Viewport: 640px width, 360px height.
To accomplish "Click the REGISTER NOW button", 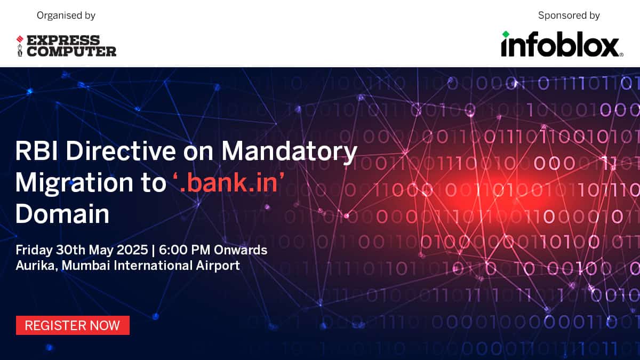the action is pos(73,325).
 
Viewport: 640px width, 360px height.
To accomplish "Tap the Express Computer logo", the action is pos(66,46).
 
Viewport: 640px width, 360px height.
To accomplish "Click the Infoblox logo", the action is pos(562,44).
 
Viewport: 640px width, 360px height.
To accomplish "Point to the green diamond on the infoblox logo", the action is pos(506,34).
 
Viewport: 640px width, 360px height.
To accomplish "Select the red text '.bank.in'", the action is pos(229,182).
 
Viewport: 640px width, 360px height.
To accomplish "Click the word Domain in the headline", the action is pos(62,214).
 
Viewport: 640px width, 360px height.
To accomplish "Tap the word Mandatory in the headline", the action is pos(289,151).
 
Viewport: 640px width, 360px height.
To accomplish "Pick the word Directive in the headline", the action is pos(121,151).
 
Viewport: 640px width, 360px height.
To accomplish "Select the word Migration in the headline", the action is pos(74,183).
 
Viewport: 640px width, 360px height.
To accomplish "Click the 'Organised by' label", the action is pos(66,15).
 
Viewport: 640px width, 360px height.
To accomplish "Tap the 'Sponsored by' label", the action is pos(569,15).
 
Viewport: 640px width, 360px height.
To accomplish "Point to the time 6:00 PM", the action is pos(185,250).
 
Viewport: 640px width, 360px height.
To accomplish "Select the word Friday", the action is pos(34,250).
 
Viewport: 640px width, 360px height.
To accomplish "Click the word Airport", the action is pos(218,266).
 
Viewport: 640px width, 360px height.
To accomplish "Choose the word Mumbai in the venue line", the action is pos(86,266).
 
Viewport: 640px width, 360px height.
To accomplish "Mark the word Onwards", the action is pos(241,250).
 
